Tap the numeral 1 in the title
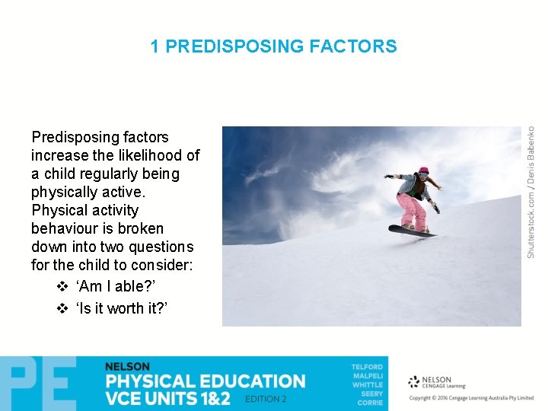click(155, 46)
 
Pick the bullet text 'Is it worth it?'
click(122, 307)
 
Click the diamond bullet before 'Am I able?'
click(63, 286)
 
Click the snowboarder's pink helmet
click(423, 171)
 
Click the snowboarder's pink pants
click(411, 209)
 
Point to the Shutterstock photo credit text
click(531, 191)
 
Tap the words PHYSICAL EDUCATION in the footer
click(205, 381)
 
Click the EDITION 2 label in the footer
click(266, 399)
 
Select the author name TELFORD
click(367, 367)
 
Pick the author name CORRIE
click(369, 403)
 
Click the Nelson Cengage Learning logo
click(431, 381)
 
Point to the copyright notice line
click(471, 398)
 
